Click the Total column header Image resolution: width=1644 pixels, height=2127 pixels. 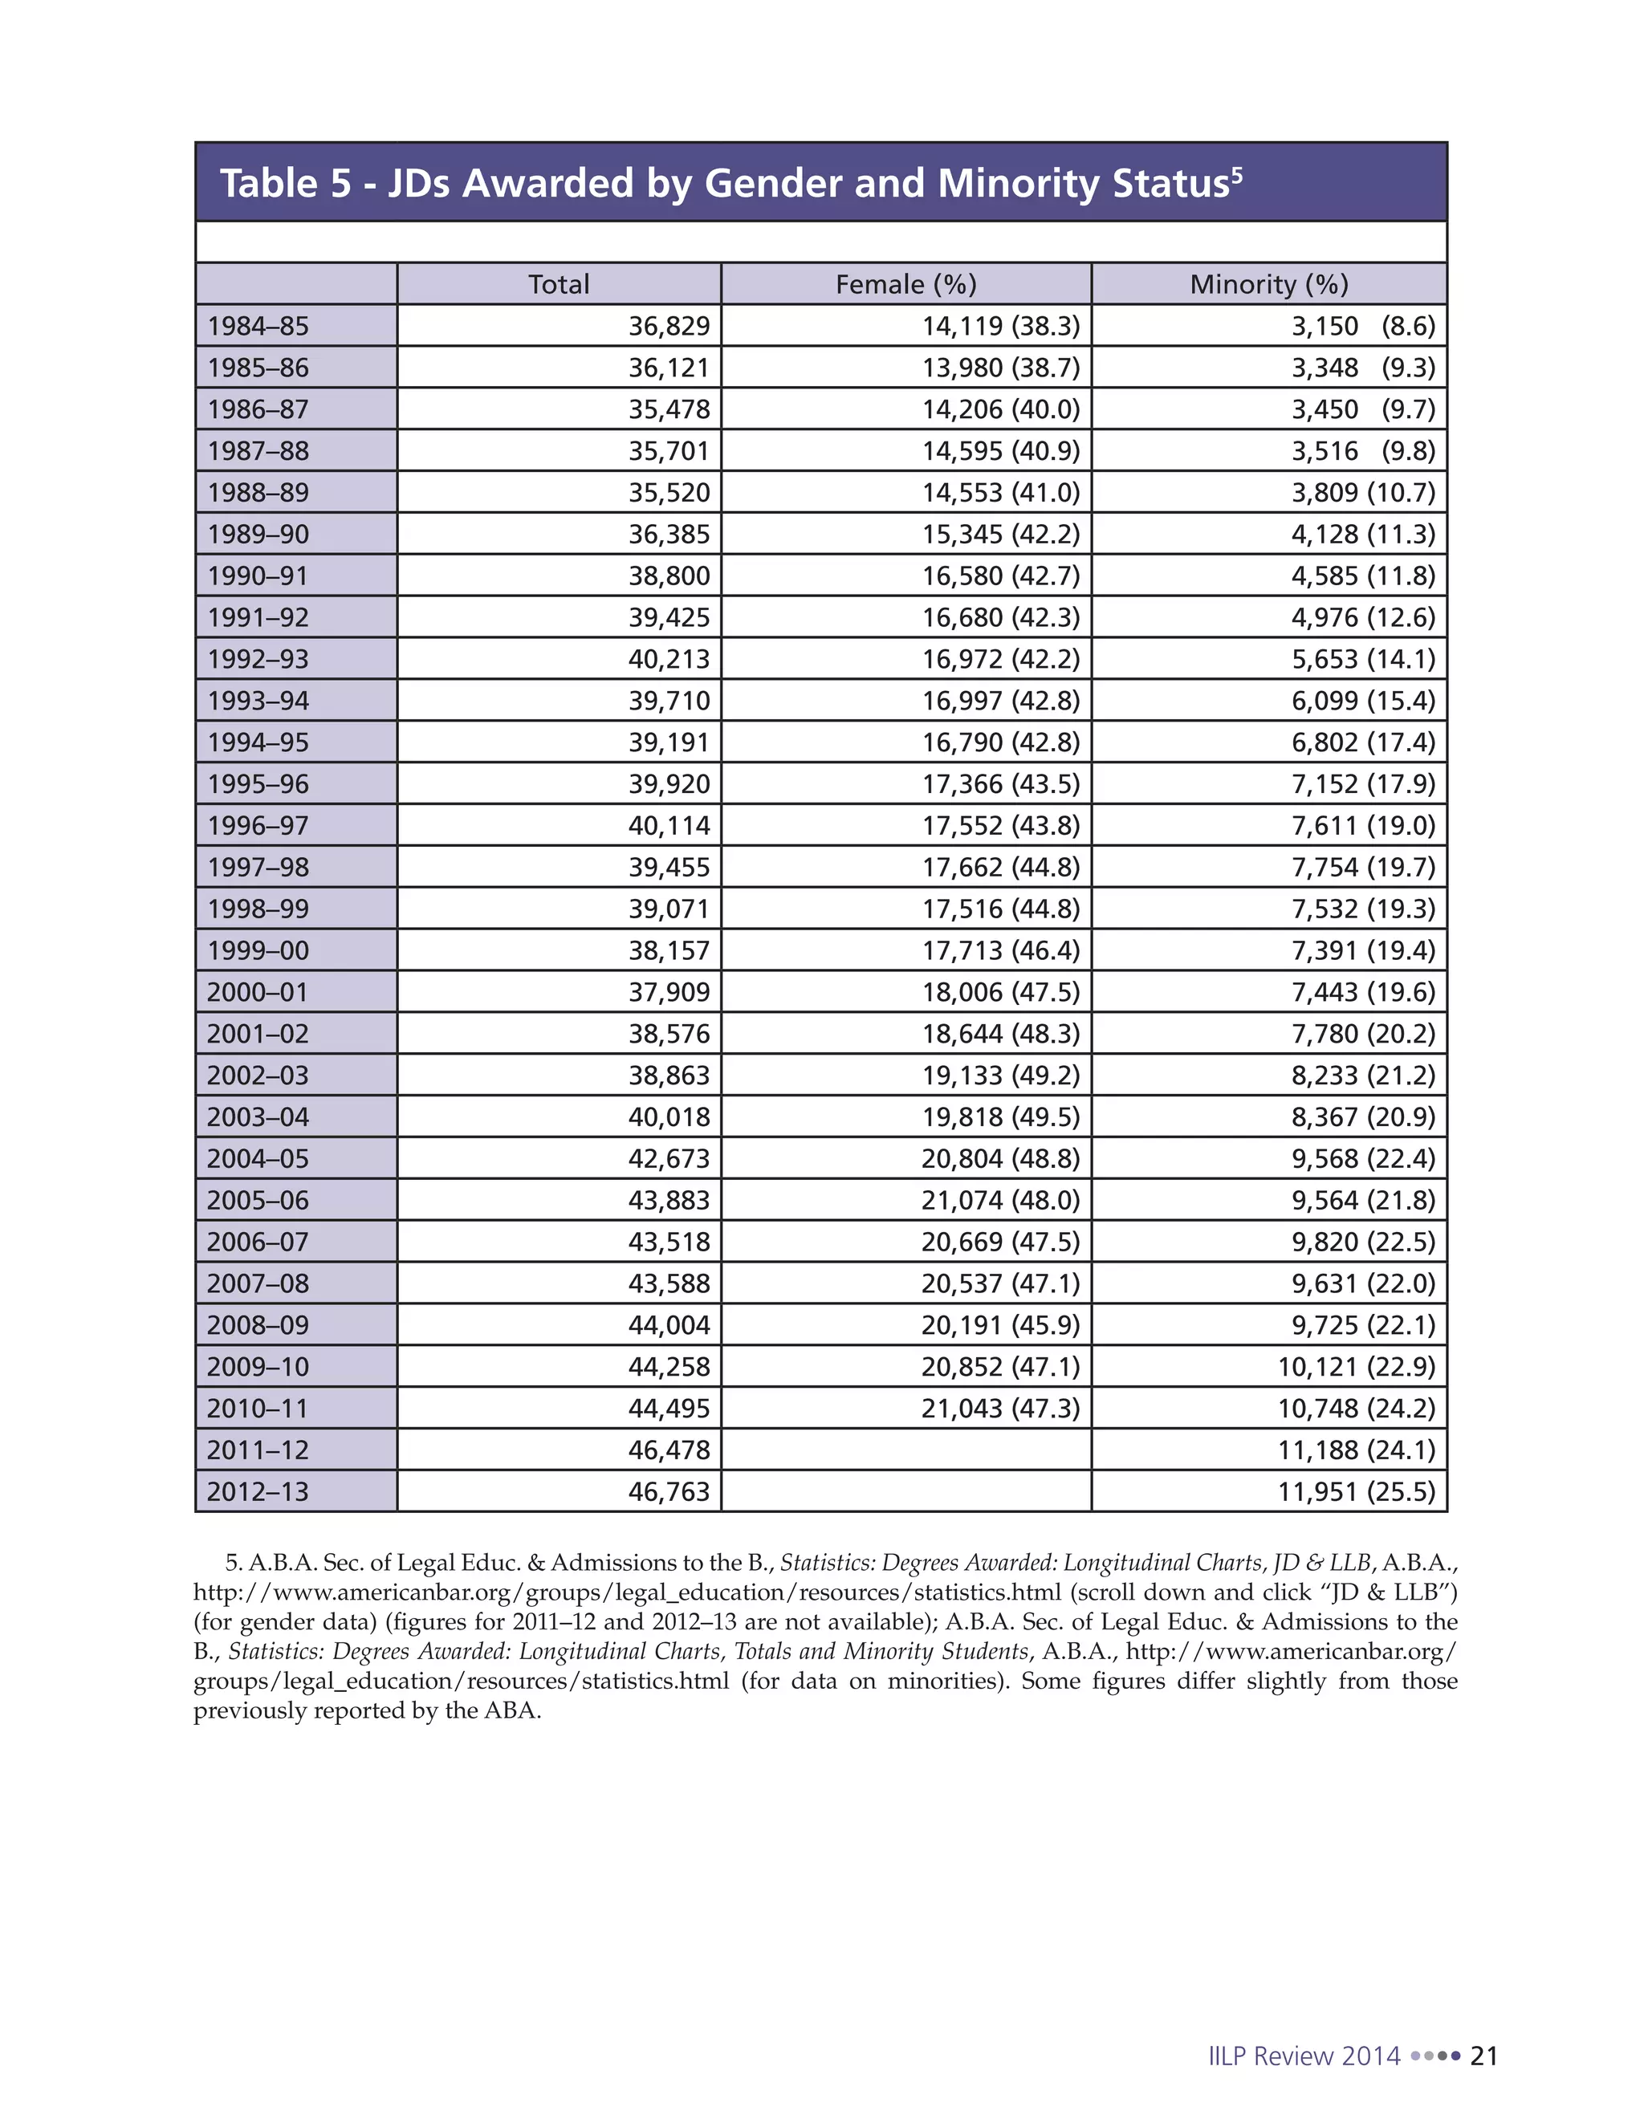[558, 284]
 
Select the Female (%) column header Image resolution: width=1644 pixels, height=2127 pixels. [905, 284]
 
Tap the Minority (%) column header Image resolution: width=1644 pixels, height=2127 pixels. [1268, 284]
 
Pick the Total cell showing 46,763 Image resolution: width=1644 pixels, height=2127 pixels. [669, 1491]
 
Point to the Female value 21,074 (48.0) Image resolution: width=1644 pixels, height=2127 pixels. [1000, 1200]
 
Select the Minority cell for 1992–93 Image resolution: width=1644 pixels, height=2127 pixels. [1362, 659]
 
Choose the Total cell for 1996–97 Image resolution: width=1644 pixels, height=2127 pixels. [669, 826]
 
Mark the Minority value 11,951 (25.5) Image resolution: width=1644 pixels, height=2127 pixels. [1356, 1491]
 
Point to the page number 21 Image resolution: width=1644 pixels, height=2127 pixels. [1484, 2056]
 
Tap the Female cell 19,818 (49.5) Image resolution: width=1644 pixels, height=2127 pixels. [1000, 1117]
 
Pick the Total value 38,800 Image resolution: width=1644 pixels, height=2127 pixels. [669, 575]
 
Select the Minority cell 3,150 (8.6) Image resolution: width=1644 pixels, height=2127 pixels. [1362, 326]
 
